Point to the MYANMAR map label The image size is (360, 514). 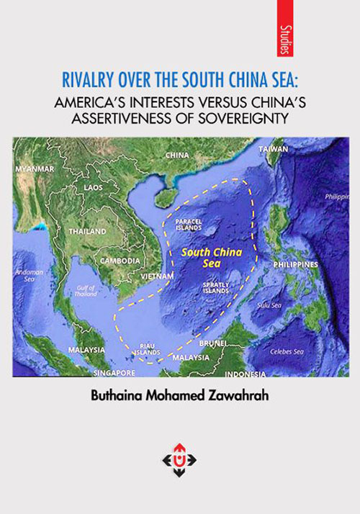(35, 168)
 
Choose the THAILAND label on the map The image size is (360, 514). (87, 232)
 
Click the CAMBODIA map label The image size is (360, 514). (120, 261)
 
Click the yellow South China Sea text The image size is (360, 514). (212, 258)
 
